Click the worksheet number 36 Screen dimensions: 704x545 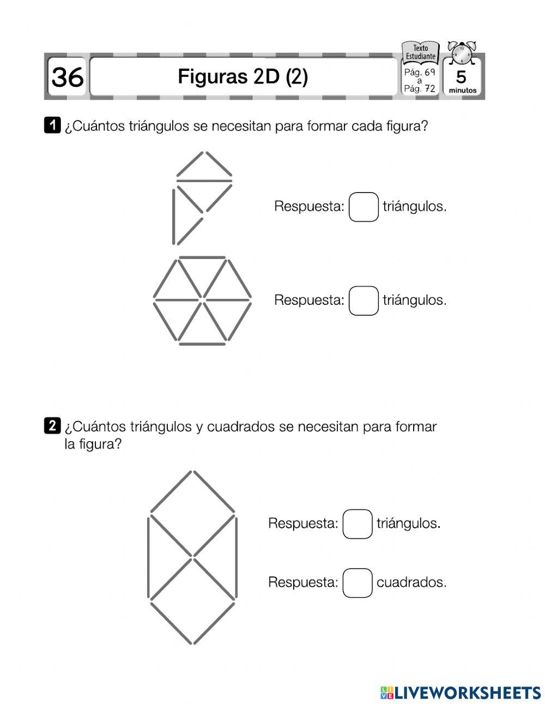pyautogui.click(x=68, y=77)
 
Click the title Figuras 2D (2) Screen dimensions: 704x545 pyautogui.click(x=243, y=77)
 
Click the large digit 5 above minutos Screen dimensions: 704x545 pyautogui.click(x=461, y=77)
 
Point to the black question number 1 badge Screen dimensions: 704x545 pyautogui.click(x=51, y=125)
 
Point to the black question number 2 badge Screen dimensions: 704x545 pyautogui.click(x=51, y=425)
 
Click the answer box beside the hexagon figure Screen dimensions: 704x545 pyautogui.click(x=364, y=300)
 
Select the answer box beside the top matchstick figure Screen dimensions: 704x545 pyautogui.click(x=364, y=207)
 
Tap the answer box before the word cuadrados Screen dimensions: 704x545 pyautogui.click(x=358, y=582)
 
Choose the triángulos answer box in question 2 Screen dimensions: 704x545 pyautogui.click(x=358, y=524)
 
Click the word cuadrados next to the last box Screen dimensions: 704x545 pyautogui.click(x=411, y=582)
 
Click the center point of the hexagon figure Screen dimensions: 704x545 pyautogui.click(x=202, y=299)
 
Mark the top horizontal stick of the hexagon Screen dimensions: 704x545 pyautogui.click(x=202, y=257)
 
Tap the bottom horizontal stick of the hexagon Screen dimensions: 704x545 pyautogui.click(x=202, y=344)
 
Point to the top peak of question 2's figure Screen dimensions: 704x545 pyautogui.click(x=192, y=471)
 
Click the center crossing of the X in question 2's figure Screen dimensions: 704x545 pyautogui.click(x=192, y=557)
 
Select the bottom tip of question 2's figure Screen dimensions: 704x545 pyautogui.click(x=192, y=643)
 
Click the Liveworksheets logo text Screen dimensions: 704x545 pyautogui.click(x=461, y=693)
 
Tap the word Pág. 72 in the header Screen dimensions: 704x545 pyautogui.click(x=420, y=89)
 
